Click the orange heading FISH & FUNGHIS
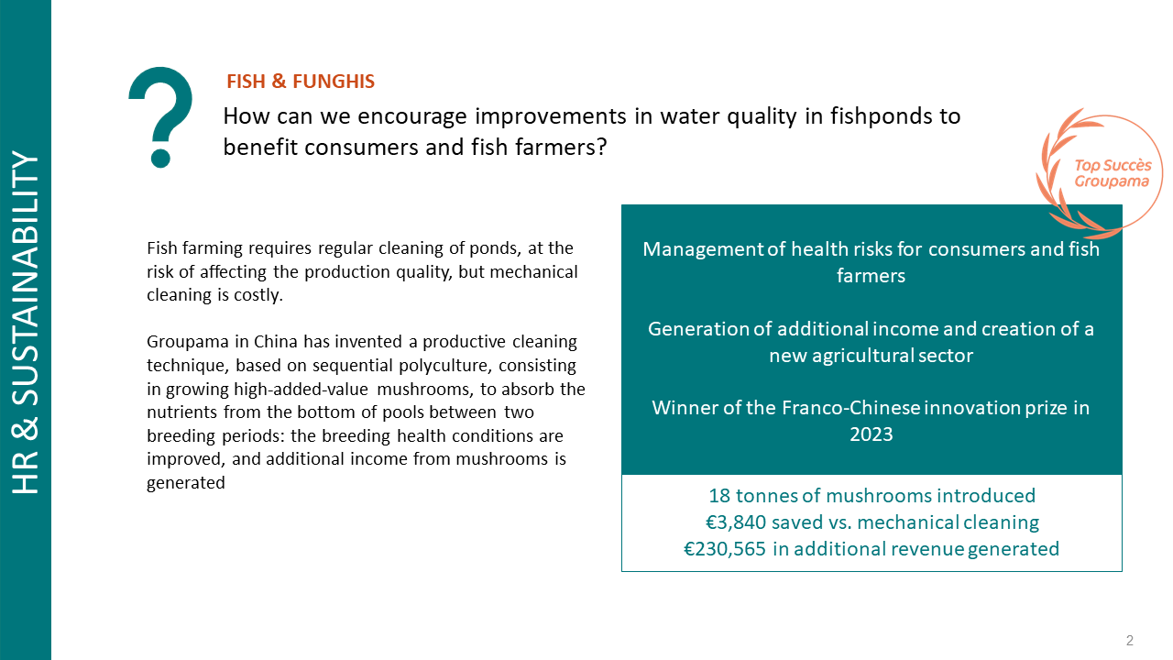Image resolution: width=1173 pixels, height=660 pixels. pos(301,82)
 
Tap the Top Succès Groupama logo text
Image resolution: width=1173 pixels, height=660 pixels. pos(1113,173)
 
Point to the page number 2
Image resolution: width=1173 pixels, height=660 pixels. pos(1130,640)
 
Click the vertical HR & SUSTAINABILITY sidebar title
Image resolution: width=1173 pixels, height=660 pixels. pos(26,322)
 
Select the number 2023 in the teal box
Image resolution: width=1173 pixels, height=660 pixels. pos(871,434)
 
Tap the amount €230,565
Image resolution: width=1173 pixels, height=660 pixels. pos(725,549)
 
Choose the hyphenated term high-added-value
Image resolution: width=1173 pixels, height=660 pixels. pos(301,390)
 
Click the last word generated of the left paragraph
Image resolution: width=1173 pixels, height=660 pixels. pos(186,483)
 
